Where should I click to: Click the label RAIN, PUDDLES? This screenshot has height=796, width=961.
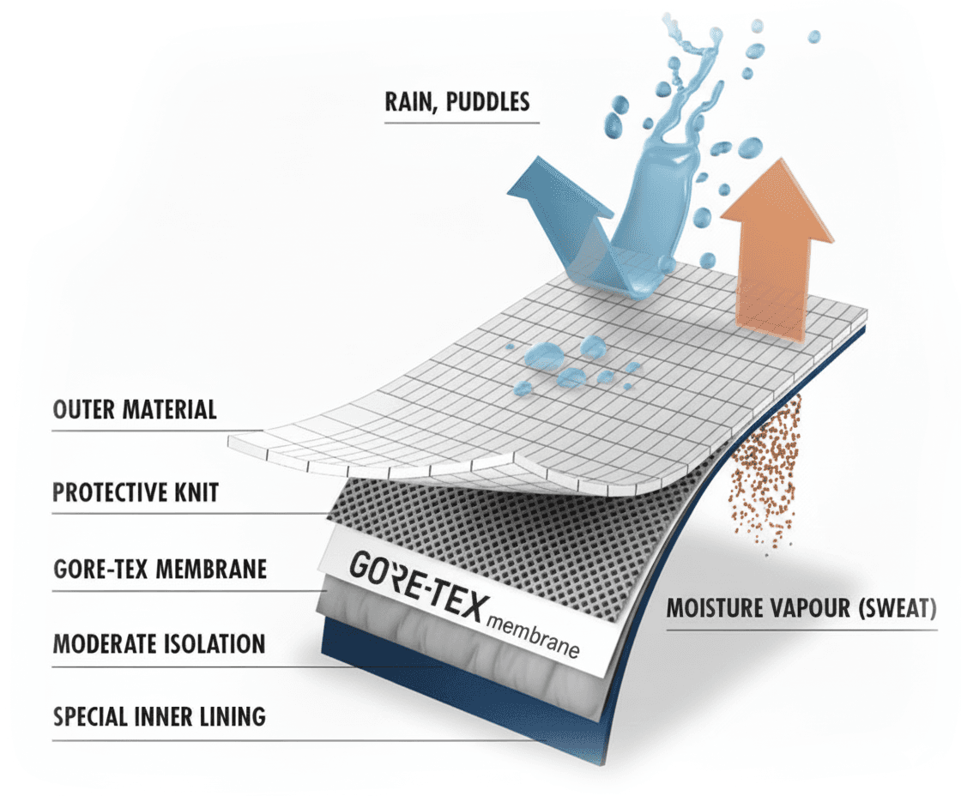pyautogui.click(x=457, y=102)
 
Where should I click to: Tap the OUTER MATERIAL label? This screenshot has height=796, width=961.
pyautogui.click(x=135, y=409)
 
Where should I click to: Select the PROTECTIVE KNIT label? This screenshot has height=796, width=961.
pyautogui.click(x=136, y=493)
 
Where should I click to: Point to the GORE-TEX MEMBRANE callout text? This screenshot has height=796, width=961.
pyautogui.click(x=160, y=569)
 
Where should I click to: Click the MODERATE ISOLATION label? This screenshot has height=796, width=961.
pyautogui.click(x=159, y=643)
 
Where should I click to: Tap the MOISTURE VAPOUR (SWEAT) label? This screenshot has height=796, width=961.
pyautogui.click(x=801, y=609)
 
